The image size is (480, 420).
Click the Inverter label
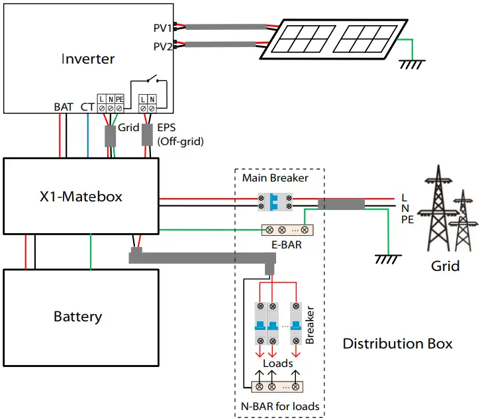pos(88,59)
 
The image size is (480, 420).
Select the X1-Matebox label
pos(81,197)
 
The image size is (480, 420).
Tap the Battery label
pos(78,317)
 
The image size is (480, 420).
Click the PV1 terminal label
pos(162,28)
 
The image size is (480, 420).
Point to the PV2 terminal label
pos(162,46)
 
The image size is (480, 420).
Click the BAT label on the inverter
pos(64,107)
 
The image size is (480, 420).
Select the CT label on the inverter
pos(87,107)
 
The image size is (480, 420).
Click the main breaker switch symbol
pos(274,202)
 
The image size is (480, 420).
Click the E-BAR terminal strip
pos(288,231)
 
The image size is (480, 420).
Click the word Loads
pos(277,364)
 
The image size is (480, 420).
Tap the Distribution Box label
pos(397,344)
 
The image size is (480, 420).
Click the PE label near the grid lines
pos(407,219)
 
